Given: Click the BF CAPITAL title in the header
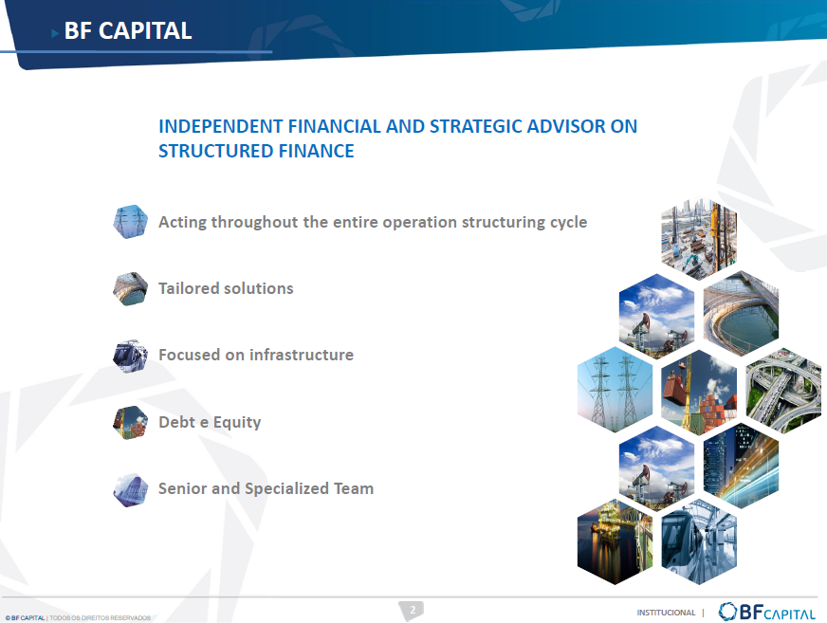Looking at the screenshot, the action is coord(128,30).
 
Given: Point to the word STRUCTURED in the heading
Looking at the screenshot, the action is coord(216,151).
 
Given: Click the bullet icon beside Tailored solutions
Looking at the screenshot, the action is coord(130,288).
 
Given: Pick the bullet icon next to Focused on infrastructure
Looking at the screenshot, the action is coord(130,357).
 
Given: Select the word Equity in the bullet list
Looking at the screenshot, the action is coord(237,423).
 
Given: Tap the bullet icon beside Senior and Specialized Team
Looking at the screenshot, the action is coord(130,490).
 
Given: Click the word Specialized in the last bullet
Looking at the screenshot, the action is coord(287,489).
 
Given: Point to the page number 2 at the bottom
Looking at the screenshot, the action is coord(413,610).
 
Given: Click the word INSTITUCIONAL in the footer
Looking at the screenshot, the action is coord(666,613).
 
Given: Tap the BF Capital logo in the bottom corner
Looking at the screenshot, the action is coord(766,612).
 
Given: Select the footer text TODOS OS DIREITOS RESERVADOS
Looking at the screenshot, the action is coord(100,617).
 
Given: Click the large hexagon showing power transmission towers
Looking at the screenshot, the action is coord(615,390).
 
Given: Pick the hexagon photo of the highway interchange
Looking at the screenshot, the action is coord(783,391).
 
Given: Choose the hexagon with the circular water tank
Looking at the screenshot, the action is coord(741,313).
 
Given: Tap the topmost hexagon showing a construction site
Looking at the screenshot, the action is coord(699,239).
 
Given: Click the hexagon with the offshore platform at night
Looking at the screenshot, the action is coord(615,541).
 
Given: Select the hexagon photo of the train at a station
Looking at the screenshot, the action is coord(699,541).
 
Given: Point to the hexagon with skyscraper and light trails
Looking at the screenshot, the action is coord(741,466).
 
